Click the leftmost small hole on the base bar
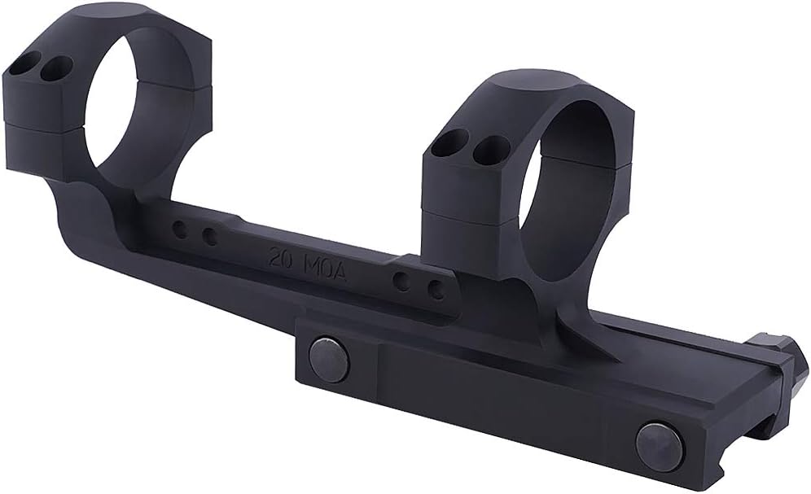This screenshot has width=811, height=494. click(181, 230)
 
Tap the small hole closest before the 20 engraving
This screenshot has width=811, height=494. click(209, 237)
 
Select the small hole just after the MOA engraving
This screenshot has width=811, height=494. click(401, 282)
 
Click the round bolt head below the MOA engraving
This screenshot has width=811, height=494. click(329, 359)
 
